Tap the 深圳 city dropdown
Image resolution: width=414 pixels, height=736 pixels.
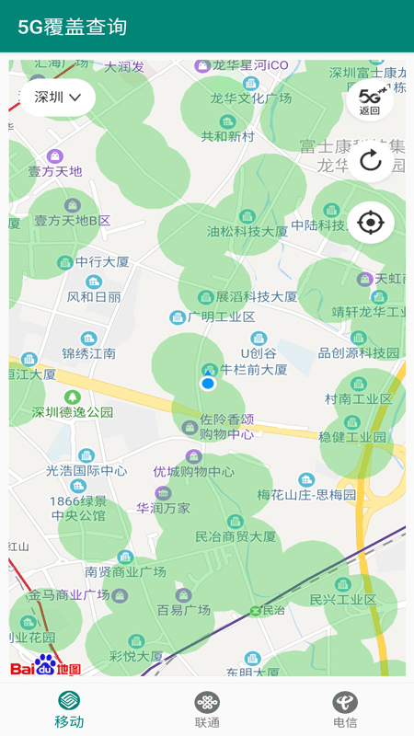(x=58, y=98)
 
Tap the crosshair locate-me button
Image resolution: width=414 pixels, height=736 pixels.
(x=370, y=222)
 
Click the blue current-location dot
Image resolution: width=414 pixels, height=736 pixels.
(x=208, y=383)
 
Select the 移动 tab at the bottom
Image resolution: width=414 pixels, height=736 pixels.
(x=69, y=709)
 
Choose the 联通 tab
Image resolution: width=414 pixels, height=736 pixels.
(x=207, y=709)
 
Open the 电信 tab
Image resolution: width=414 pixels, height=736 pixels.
(x=345, y=709)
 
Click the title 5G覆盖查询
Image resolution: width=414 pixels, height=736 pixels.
(x=73, y=28)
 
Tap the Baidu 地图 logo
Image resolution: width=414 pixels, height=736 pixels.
(x=46, y=665)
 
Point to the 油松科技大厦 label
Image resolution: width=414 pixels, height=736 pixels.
(x=247, y=231)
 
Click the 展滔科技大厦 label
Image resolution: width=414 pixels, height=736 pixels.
(x=256, y=297)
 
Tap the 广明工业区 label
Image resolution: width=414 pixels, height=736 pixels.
(x=221, y=316)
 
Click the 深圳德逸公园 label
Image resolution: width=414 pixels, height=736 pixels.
(x=73, y=412)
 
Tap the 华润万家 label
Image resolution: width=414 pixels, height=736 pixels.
(x=164, y=508)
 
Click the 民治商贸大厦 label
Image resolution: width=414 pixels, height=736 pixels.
(x=236, y=536)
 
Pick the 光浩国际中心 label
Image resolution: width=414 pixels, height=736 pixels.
(x=86, y=470)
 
